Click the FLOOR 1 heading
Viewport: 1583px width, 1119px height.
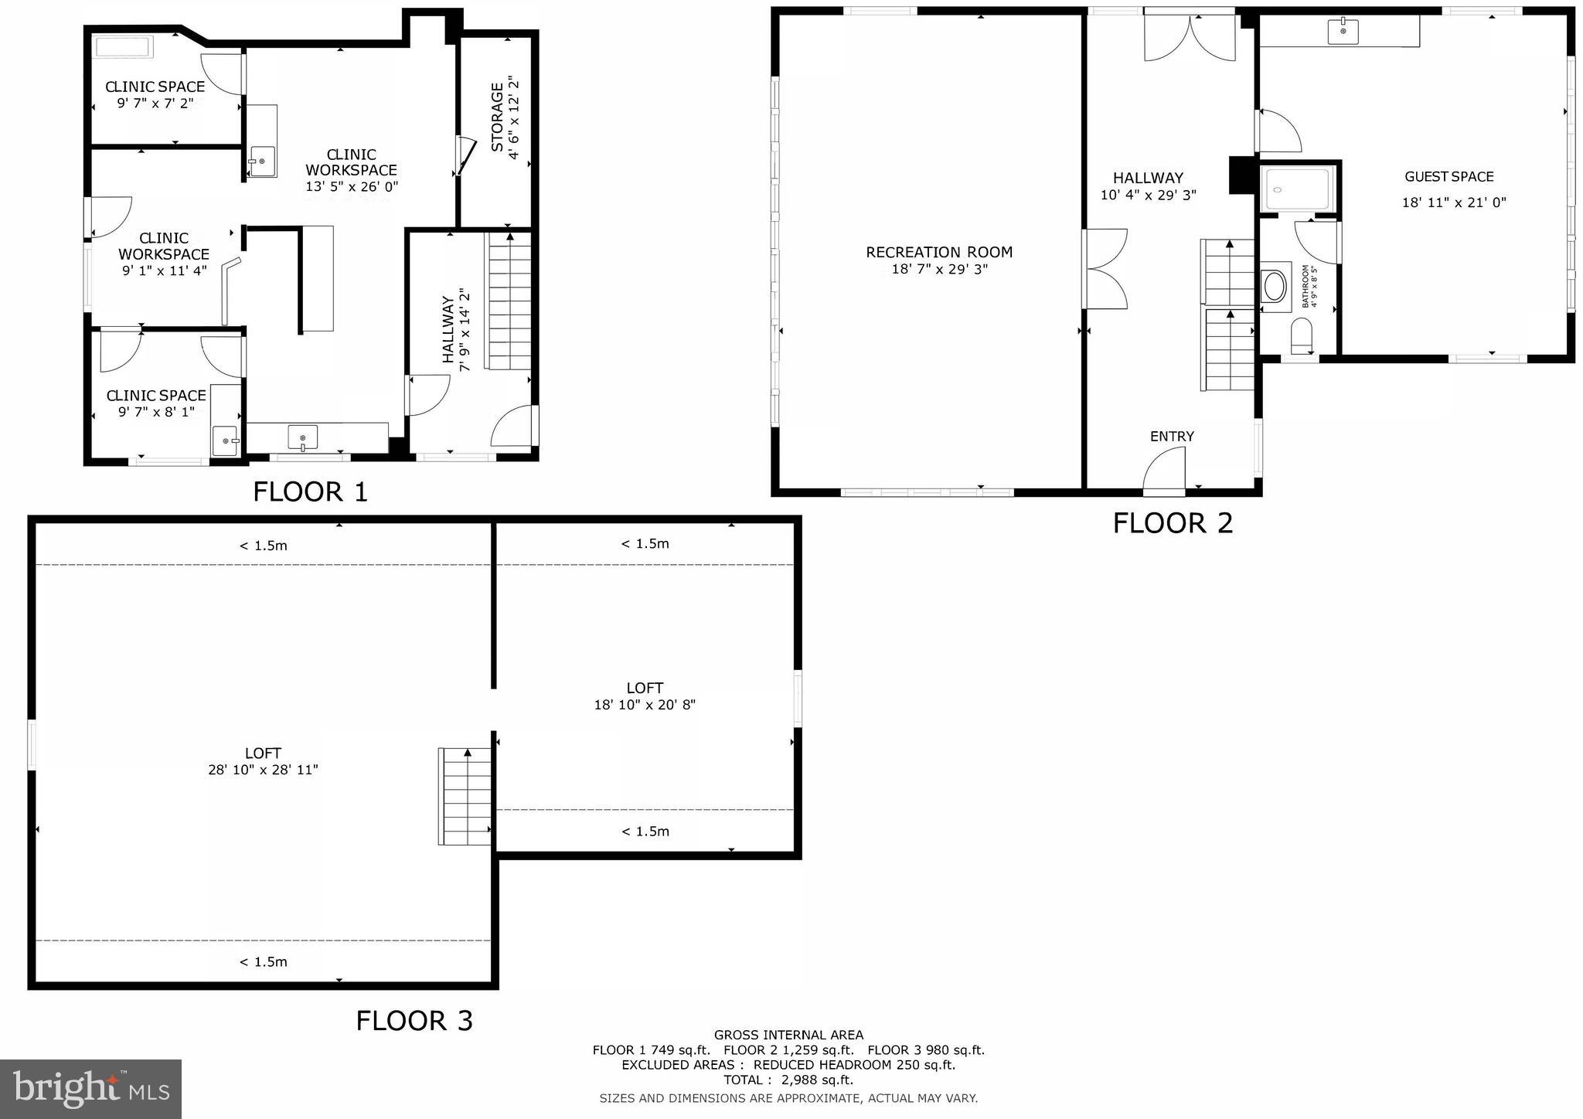310,491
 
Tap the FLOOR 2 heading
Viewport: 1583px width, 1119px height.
1172,523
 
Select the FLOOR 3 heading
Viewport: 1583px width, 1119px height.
414,1020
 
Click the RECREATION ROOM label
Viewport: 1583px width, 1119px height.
938,252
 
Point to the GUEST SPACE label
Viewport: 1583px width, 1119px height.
1449,177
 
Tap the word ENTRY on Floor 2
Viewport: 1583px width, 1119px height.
1172,437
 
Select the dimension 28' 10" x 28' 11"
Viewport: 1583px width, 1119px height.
263,770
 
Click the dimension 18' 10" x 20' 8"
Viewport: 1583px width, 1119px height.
645,705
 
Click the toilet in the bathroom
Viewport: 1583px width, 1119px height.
1302,336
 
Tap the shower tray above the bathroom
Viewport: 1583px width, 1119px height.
1297,189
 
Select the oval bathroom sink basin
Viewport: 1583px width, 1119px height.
1274,286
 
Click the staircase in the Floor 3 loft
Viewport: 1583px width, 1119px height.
465,796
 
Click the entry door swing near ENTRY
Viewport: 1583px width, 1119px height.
1163,471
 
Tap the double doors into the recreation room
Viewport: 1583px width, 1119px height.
1105,269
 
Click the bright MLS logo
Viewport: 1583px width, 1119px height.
90,1089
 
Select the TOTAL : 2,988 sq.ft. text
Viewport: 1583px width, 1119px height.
788,1080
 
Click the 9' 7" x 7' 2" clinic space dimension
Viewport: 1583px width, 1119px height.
155,103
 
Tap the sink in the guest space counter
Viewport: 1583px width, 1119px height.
1343,32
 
